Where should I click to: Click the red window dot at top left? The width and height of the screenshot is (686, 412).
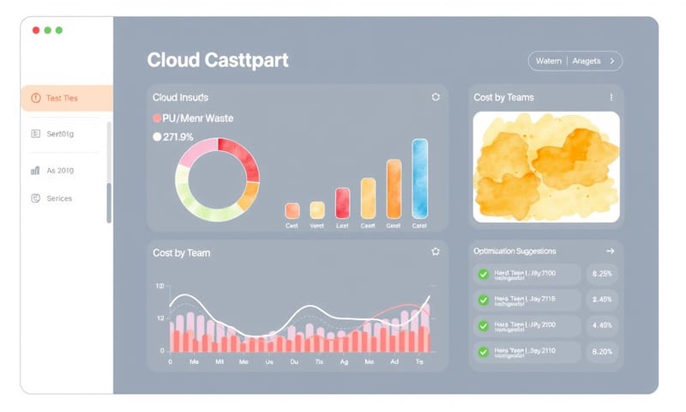(36, 30)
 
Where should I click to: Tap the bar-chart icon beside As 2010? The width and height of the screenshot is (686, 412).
(35, 171)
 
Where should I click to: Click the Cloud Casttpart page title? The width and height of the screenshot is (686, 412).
(218, 60)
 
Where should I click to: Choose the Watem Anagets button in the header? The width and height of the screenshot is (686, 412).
(575, 61)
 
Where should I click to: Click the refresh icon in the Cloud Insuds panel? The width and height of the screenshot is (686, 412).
(436, 97)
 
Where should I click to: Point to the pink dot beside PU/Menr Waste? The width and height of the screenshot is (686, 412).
(157, 118)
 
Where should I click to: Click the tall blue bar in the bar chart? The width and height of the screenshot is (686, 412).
(419, 179)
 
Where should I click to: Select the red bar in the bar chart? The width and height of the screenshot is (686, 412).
(342, 202)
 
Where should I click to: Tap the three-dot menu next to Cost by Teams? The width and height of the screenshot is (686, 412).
(611, 97)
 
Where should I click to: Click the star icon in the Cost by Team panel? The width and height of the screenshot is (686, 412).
(436, 251)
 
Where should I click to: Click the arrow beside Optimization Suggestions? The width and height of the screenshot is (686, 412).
(611, 251)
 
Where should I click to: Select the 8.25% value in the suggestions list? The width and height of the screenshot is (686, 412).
(601, 274)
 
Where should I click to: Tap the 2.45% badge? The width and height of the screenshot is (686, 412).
(601, 300)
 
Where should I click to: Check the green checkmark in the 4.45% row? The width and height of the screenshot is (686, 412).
(484, 326)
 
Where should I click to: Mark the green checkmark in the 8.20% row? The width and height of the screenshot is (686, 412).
(484, 352)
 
